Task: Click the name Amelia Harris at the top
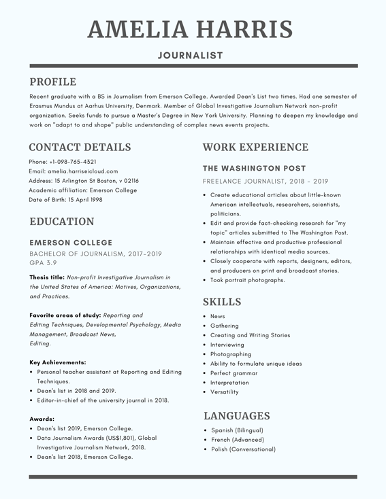click(191, 29)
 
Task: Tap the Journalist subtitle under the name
click(191, 55)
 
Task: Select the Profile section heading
click(52, 82)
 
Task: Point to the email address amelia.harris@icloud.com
click(74, 171)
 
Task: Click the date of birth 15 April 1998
click(66, 200)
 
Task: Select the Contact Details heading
click(80, 147)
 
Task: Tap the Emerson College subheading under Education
click(71, 243)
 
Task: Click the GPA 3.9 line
click(43, 262)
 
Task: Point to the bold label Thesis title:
click(47, 277)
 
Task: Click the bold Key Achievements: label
click(57, 362)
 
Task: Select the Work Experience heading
click(255, 147)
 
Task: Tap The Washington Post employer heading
click(255, 168)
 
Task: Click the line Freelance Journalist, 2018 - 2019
click(266, 182)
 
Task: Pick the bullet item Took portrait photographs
click(248, 280)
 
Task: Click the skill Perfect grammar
click(234, 373)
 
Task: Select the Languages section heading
click(236, 415)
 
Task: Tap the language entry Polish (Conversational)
click(243, 449)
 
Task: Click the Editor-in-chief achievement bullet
click(103, 400)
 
